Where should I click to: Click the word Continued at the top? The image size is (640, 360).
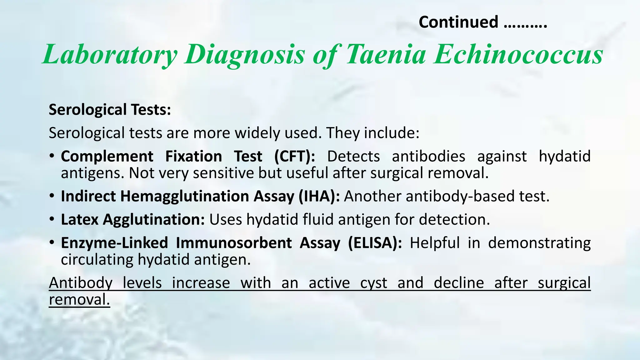pyautogui.click(x=458, y=22)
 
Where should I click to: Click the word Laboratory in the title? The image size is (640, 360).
pyautogui.click(x=110, y=54)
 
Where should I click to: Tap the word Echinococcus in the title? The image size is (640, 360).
pyautogui.click(x=518, y=54)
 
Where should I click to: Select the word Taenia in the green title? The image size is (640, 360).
pyautogui.click(x=386, y=54)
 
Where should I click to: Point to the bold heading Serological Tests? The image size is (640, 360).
pyautogui.click(x=110, y=110)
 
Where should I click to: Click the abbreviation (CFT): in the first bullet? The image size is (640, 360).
pyautogui.click(x=295, y=156)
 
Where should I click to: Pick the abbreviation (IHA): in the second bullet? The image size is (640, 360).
pyautogui.click(x=319, y=196)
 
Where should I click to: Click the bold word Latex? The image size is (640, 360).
pyautogui.click(x=80, y=219)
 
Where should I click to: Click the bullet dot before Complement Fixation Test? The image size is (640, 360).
pyautogui.click(x=52, y=156)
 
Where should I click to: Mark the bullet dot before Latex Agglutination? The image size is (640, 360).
pyautogui.click(x=52, y=219)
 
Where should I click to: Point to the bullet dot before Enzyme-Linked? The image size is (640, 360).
pyautogui.click(x=52, y=242)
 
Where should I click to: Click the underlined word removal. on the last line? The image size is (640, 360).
pyautogui.click(x=79, y=300)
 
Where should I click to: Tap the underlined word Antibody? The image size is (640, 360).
pyautogui.click(x=81, y=283)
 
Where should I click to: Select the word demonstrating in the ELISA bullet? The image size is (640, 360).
pyautogui.click(x=539, y=243)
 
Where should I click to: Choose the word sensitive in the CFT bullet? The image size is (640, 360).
pyautogui.click(x=223, y=173)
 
